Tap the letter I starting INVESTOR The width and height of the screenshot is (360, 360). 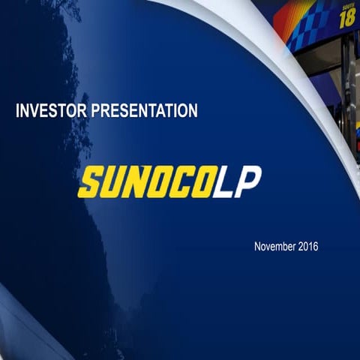(18, 112)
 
